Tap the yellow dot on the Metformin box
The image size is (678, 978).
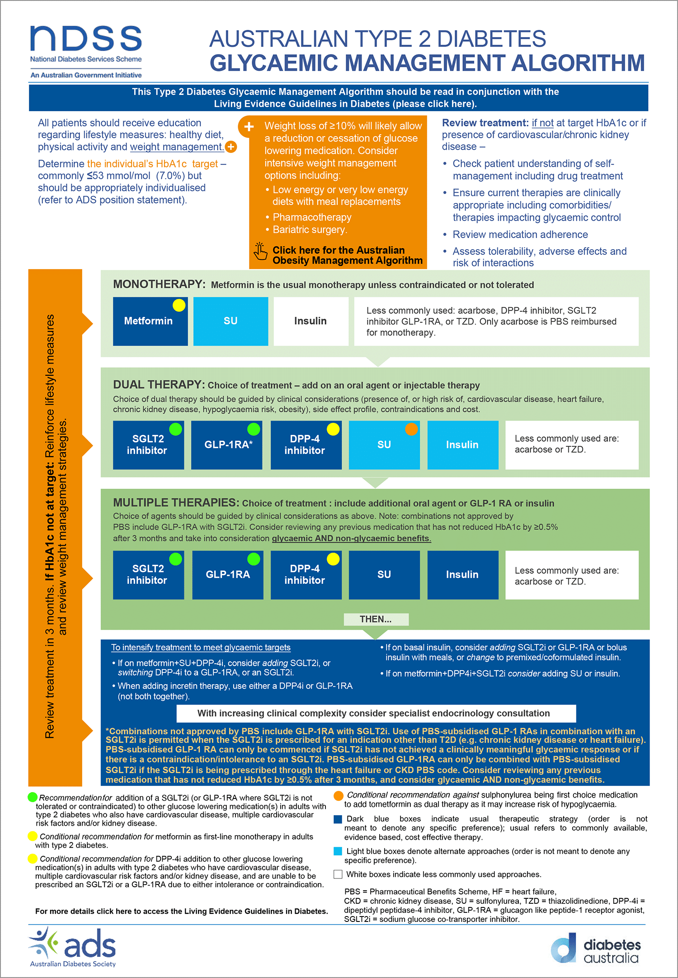pos(179,305)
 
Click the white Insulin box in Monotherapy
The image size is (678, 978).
pos(311,321)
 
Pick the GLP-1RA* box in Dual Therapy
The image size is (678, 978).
pos(226,445)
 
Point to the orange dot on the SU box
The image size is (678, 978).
pos(411,429)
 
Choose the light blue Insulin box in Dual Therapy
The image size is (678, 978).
pos(462,445)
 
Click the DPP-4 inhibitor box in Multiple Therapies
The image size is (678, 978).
pos(306,575)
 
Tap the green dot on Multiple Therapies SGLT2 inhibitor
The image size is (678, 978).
pos(175,559)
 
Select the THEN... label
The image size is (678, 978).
pos(376,619)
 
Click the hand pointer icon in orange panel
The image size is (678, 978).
pos(260,251)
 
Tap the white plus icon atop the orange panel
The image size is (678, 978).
pos(249,127)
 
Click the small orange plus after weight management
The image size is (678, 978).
pos(231,146)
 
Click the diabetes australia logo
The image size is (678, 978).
pos(596,948)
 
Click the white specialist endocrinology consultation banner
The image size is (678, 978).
pos(376,713)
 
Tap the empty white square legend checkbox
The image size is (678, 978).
pos(338,874)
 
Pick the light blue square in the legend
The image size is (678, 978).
pos(338,851)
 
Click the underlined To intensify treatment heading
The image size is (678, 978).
pos(201,647)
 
